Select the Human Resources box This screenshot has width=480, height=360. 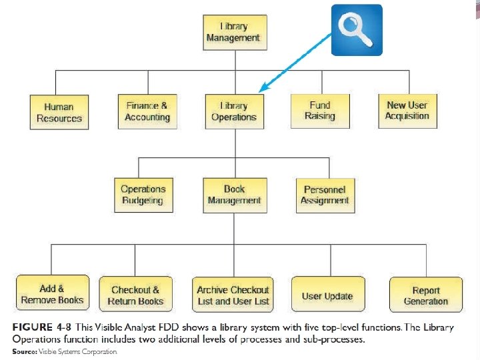(59, 112)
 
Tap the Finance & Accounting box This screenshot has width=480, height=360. (147, 111)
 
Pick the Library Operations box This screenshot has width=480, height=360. (233, 111)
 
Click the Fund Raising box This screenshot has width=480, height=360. (320, 111)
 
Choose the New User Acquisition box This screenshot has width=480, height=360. (407, 111)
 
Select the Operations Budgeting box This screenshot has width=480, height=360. (143, 195)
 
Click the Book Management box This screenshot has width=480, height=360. (234, 195)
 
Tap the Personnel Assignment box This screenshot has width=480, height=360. (325, 195)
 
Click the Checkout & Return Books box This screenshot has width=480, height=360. (135, 295)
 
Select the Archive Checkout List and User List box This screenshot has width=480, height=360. (233, 295)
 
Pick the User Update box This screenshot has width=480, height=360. (327, 295)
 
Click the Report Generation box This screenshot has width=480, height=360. (425, 295)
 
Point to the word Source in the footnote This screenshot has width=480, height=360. (24, 351)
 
